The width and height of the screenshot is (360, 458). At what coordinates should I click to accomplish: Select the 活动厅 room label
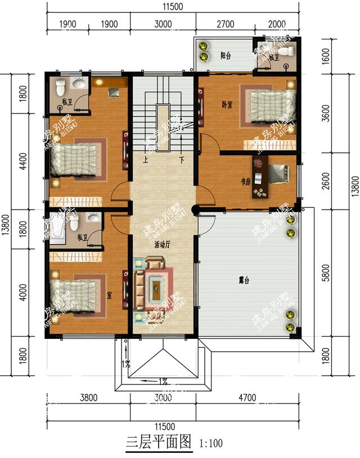pyautogui.click(x=163, y=246)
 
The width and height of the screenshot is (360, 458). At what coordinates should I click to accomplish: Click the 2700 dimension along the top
pyautogui.click(x=224, y=24)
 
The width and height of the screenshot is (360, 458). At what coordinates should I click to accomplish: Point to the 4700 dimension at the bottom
pyautogui.click(x=246, y=398)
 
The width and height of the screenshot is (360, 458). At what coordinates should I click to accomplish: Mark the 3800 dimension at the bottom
pyautogui.click(x=88, y=398)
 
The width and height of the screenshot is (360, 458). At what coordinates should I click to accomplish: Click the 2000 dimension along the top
pyautogui.click(x=276, y=24)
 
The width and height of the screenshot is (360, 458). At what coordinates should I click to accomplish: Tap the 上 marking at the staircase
pyautogui.click(x=146, y=159)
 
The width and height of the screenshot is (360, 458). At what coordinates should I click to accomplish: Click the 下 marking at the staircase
pyautogui.click(x=182, y=159)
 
